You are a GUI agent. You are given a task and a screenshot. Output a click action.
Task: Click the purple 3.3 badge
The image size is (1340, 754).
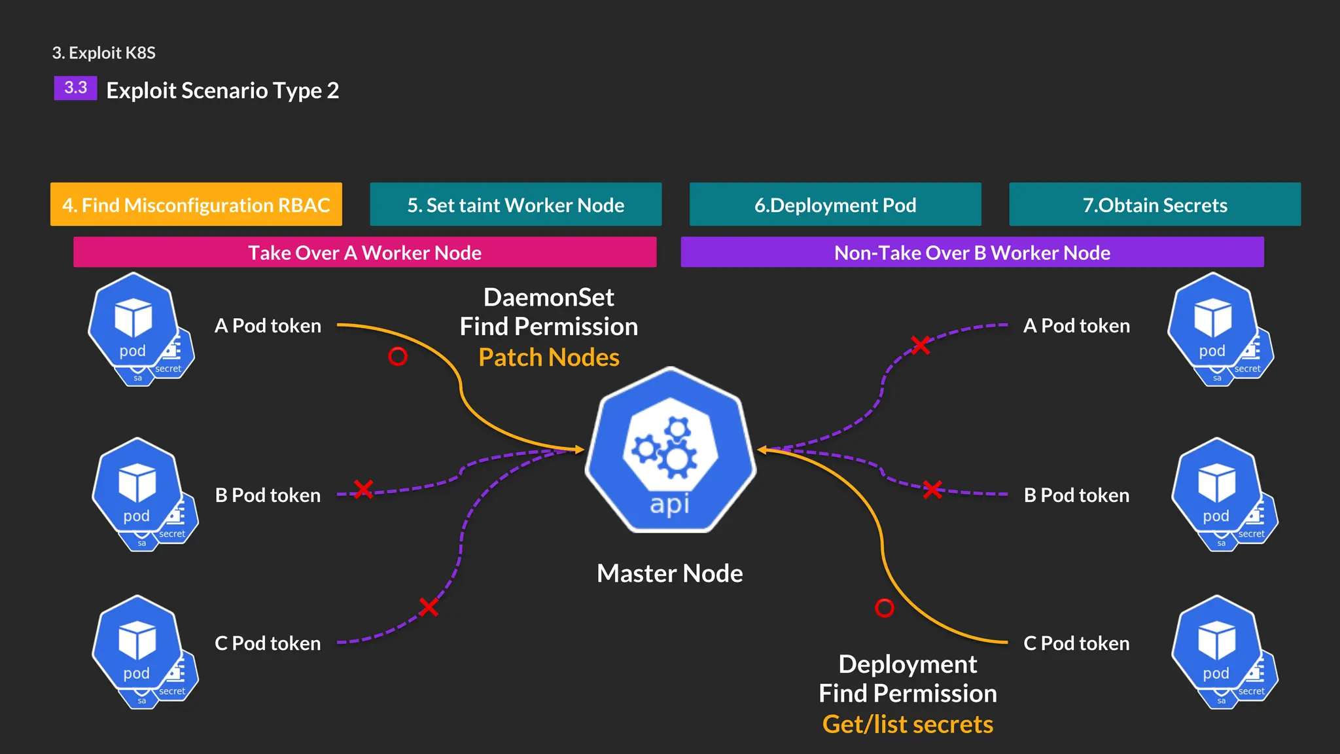pyautogui.click(x=75, y=88)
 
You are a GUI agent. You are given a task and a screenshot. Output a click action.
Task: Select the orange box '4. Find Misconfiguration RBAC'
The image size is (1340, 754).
pyautogui.click(x=196, y=205)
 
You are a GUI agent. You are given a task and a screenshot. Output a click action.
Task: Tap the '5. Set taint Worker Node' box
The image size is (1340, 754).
pyautogui.click(x=516, y=205)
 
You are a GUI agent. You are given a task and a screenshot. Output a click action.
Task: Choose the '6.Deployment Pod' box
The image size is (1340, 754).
pyautogui.click(x=835, y=205)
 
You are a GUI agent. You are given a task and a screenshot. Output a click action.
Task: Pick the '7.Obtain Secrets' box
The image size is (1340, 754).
pyautogui.click(x=1155, y=205)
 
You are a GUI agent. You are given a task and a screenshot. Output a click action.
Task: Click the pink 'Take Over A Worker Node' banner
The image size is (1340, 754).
pyautogui.click(x=364, y=253)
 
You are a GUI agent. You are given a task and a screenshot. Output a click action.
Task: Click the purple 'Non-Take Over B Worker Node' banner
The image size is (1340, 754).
pyautogui.click(x=972, y=253)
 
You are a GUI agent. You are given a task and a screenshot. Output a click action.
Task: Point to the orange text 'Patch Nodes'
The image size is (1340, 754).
pyautogui.click(x=548, y=357)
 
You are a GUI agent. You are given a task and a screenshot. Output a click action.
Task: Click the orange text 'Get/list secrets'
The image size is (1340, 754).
pyautogui.click(x=908, y=724)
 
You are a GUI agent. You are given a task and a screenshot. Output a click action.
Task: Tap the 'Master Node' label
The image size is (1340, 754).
pyautogui.click(x=669, y=573)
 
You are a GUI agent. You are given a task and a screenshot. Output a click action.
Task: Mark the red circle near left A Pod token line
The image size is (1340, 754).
pyautogui.click(x=398, y=356)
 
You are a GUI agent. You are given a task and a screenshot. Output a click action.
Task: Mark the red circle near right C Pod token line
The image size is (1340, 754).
pyautogui.click(x=884, y=608)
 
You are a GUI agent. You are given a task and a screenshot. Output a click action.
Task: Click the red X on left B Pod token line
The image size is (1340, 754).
pyautogui.click(x=363, y=489)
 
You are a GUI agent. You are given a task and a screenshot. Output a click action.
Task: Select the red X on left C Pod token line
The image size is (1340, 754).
pyautogui.click(x=429, y=607)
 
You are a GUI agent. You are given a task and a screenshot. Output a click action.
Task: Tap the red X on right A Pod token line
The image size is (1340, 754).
pyautogui.click(x=921, y=345)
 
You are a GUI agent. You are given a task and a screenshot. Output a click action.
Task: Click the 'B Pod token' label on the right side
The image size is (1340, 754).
pyautogui.click(x=1076, y=495)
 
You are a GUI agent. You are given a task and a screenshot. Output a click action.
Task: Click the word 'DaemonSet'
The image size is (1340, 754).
pyautogui.click(x=548, y=297)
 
